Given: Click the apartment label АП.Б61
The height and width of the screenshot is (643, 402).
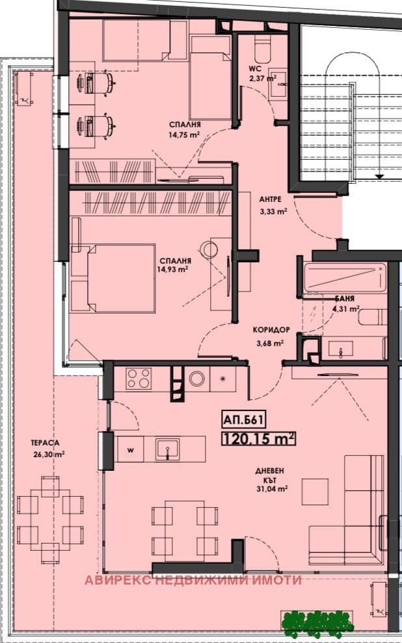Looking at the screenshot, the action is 243,420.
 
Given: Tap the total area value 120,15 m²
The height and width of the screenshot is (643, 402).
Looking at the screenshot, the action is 259,439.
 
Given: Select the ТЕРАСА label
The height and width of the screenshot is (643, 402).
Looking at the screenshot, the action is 45,443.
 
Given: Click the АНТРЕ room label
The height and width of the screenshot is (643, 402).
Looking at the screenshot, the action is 270,199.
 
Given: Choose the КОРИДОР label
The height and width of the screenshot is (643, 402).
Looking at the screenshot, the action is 271,330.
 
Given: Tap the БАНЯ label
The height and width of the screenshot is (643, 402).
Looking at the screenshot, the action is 345,299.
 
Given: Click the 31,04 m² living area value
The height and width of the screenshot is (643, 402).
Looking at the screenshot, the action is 271,489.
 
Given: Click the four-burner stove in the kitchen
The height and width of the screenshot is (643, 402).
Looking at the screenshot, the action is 139,378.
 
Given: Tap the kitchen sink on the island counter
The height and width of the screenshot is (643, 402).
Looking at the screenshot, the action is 168,449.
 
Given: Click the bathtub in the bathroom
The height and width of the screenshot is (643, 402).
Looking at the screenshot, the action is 345,277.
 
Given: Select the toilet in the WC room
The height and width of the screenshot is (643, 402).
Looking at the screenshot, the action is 262,48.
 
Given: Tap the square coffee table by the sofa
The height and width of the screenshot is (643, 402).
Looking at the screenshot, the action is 315,492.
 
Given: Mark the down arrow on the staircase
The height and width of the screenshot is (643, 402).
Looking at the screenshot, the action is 379,176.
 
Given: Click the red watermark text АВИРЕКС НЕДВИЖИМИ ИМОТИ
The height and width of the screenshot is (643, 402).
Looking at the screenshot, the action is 193,580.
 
